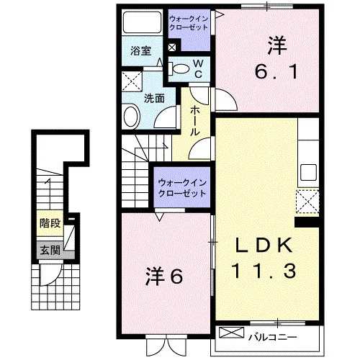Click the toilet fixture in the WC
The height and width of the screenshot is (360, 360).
(179, 68)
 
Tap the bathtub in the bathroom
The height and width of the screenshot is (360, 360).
(142, 22)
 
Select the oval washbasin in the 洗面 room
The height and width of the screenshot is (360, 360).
(132, 117)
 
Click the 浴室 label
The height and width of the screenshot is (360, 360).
(141, 51)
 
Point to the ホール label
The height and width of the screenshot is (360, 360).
(195, 121)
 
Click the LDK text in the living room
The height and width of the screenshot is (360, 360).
(264, 245)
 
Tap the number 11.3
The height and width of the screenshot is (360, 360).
(264, 271)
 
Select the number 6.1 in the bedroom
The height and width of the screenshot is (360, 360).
(276, 72)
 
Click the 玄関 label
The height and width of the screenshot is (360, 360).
(50, 251)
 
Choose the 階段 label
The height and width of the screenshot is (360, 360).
(50, 223)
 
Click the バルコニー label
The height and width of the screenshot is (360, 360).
(272, 337)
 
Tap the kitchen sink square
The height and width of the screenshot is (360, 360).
(308, 172)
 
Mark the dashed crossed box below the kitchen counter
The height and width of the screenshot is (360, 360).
(307, 202)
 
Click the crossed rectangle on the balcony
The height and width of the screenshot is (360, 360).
(231, 333)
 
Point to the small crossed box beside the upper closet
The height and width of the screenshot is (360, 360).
(172, 48)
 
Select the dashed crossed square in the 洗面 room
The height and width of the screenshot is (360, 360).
(132, 81)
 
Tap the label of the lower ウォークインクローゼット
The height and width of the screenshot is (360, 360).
(182, 188)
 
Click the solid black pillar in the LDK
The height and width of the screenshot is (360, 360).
(307, 222)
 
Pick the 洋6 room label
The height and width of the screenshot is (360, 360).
(164, 276)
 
